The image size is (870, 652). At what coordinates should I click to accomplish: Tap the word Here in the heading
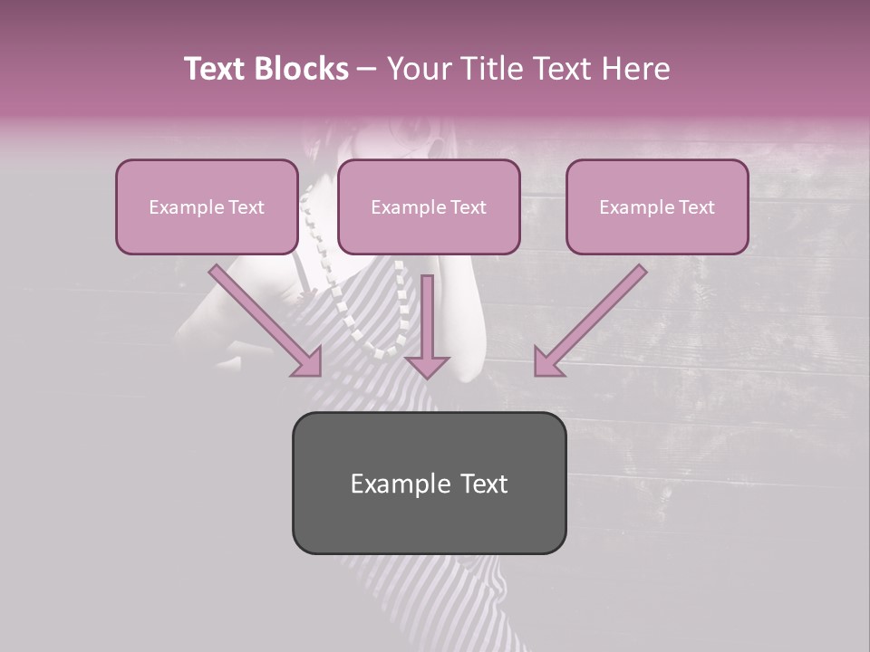(x=634, y=69)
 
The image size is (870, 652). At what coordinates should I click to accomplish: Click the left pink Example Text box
(x=207, y=207)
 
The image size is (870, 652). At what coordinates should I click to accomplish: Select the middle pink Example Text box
(x=429, y=207)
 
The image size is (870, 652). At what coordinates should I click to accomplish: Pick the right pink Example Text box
(x=657, y=207)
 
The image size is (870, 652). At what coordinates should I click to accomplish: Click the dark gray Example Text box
(x=429, y=483)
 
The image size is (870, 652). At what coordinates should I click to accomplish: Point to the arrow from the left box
(x=263, y=318)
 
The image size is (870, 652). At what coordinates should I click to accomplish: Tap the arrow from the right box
(x=594, y=318)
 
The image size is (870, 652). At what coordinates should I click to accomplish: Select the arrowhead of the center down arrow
(x=427, y=365)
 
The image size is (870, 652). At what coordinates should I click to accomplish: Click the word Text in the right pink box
(x=696, y=207)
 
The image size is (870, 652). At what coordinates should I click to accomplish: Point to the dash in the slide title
(x=367, y=70)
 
